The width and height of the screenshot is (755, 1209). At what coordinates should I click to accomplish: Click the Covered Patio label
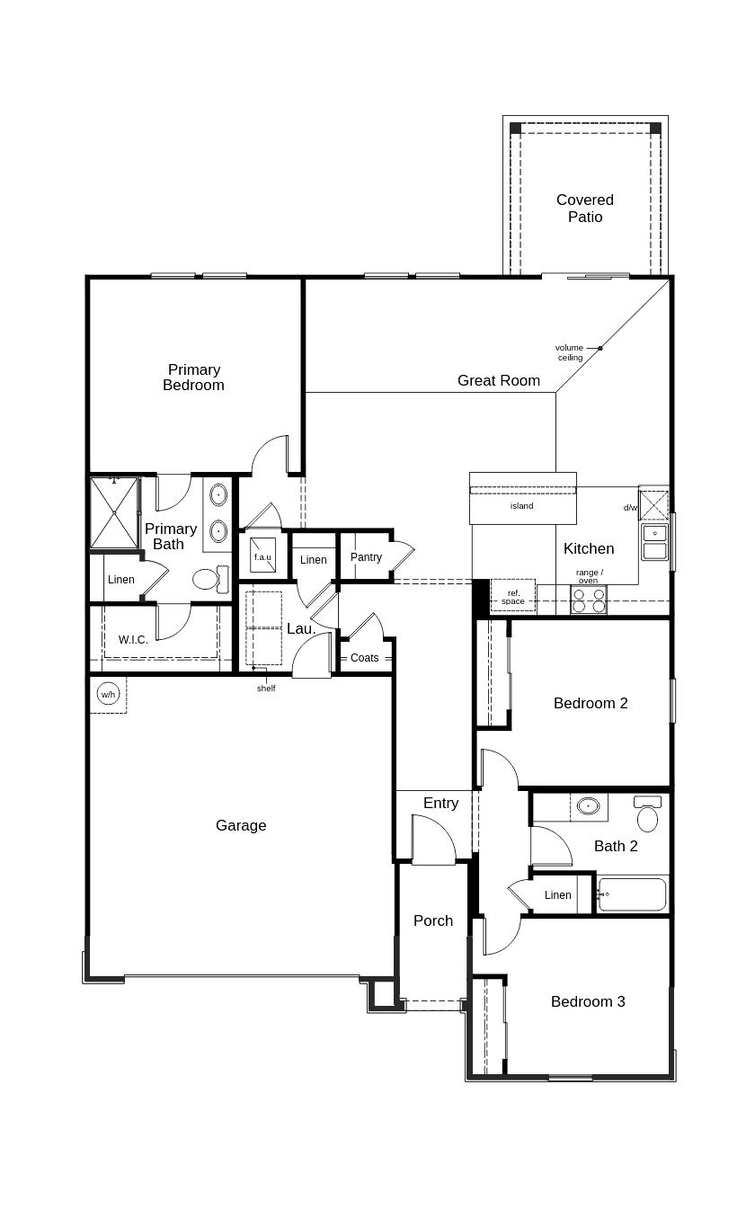(x=584, y=209)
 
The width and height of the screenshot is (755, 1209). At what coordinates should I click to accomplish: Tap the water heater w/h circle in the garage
(x=108, y=694)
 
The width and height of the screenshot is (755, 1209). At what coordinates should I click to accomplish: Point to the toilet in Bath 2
(x=647, y=816)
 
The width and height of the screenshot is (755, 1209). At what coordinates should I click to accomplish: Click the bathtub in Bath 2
(x=633, y=894)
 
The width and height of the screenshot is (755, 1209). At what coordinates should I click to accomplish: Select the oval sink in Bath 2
(x=589, y=805)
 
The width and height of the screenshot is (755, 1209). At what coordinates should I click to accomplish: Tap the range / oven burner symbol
(x=589, y=600)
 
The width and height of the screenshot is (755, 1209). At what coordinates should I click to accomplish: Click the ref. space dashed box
(x=513, y=597)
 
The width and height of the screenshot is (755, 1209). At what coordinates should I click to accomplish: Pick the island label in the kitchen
(x=522, y=506)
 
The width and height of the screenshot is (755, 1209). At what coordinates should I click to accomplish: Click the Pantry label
(x=366, y=557)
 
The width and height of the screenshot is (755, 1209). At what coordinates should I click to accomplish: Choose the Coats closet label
(x=365, y=658)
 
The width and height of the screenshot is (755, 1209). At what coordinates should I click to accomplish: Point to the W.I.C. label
(x=133, y=640)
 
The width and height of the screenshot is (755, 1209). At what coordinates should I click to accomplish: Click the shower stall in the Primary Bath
(x=114, y=512)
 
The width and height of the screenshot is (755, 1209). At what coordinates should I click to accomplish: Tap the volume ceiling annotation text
(x=569, y=352)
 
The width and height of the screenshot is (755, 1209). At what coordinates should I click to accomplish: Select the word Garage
(x=241, y=825)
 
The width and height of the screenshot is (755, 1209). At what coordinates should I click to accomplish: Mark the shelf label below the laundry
(x=266, y=689)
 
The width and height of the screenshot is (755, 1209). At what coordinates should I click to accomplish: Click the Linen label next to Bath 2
(x=557, y=895)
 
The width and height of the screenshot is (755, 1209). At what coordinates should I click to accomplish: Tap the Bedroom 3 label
(x=588, y=1001)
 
